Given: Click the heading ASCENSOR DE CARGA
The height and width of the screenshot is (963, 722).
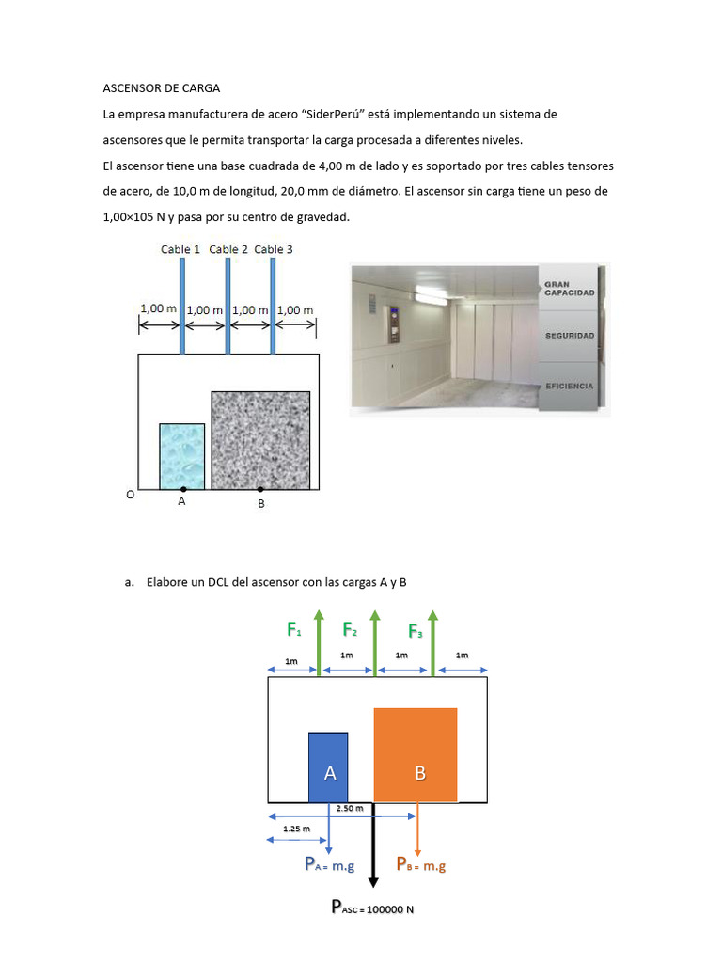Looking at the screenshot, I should (161, 88).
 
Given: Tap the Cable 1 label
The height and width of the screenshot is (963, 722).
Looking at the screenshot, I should (180, 249).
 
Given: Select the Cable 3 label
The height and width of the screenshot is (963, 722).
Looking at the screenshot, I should (274, 249).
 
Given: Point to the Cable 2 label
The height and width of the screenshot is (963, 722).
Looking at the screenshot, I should (228, 249).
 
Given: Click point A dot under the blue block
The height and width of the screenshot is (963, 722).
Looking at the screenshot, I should (182, 489).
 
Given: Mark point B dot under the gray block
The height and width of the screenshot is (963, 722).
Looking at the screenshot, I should (260, 489).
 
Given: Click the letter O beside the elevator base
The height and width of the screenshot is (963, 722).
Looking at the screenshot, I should (130, 494).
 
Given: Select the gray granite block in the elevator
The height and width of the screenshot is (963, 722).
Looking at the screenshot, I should (260, 439).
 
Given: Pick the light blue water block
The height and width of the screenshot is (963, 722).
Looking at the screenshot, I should (181, 455).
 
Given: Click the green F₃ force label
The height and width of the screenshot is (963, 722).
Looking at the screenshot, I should (416, 631).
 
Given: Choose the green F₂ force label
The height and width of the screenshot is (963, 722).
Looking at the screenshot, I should (350, 629).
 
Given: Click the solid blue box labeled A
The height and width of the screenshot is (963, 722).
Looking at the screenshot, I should (328, 766).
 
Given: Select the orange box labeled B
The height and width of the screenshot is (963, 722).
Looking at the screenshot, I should (416, 754).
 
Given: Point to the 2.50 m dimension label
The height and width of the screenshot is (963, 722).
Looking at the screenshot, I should (350, 808).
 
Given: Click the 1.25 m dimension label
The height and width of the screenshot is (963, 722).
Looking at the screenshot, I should (296, 829).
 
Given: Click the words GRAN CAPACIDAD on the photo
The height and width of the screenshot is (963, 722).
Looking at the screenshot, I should (569, 288).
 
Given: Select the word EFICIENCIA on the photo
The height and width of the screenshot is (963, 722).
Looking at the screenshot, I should (569, 386).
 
